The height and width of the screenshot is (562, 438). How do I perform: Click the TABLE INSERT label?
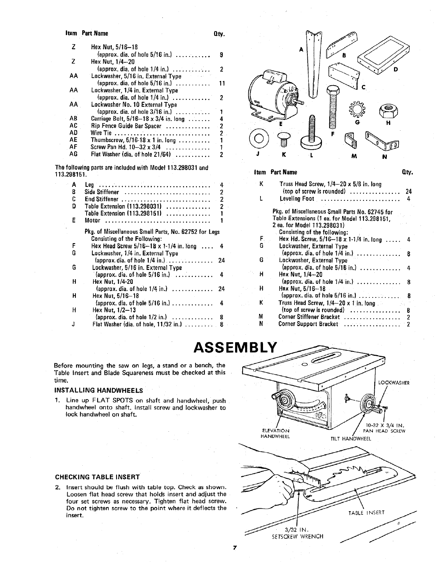[366, 513]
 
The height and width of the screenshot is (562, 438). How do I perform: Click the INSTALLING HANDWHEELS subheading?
[99, 390]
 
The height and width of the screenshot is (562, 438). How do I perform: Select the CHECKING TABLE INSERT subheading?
[97, 477]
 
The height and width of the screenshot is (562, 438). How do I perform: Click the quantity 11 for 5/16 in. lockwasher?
[222, 83]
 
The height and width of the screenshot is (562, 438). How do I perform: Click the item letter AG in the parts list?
[73, 155]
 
